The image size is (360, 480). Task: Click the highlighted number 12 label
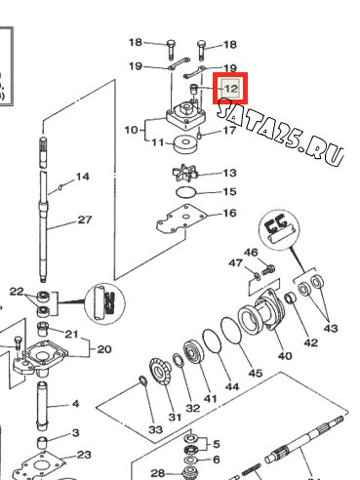pos(230,88)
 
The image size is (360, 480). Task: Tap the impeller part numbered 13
pos(184,174)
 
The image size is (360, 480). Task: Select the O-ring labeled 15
pos(186,192)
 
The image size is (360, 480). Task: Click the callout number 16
pos(229,213)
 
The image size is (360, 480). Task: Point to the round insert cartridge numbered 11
pos(185,144)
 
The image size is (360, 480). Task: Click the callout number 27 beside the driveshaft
pos(85,220)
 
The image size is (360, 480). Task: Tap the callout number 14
pos(83,177)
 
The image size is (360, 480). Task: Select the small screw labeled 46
pos(268,269)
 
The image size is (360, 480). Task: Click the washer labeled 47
pos(257,277)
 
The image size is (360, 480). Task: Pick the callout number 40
pos(285,356)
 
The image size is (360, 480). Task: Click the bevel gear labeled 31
pos(160,371)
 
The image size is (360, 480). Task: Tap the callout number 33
pos(155,429)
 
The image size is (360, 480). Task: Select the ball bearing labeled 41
pos(193,352)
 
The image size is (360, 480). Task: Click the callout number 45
pos(256,373)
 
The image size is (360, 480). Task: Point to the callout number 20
pos(104,349)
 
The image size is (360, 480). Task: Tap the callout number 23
pos(84,455)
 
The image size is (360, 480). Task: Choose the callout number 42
pos(310,342)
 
